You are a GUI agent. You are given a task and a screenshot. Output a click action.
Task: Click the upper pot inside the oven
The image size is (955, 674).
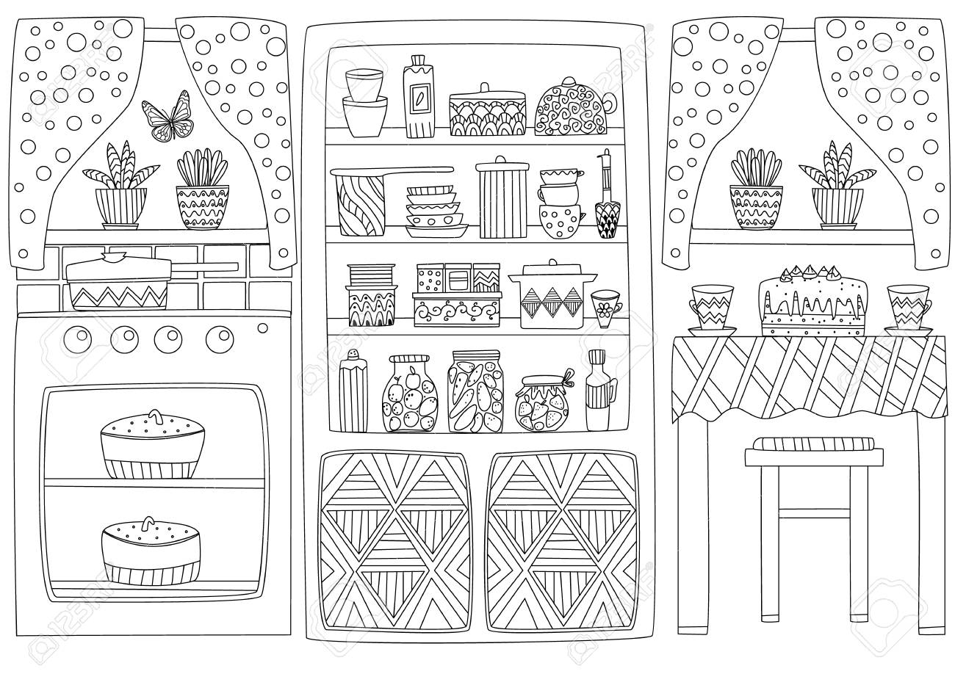[151, 444]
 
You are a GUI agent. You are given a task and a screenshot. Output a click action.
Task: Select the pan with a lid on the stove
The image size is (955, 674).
[118, 283]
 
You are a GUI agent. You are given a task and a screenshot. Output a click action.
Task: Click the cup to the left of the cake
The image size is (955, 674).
[711, 308]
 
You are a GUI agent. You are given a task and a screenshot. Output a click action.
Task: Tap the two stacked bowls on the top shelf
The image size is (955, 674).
[366, 102]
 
